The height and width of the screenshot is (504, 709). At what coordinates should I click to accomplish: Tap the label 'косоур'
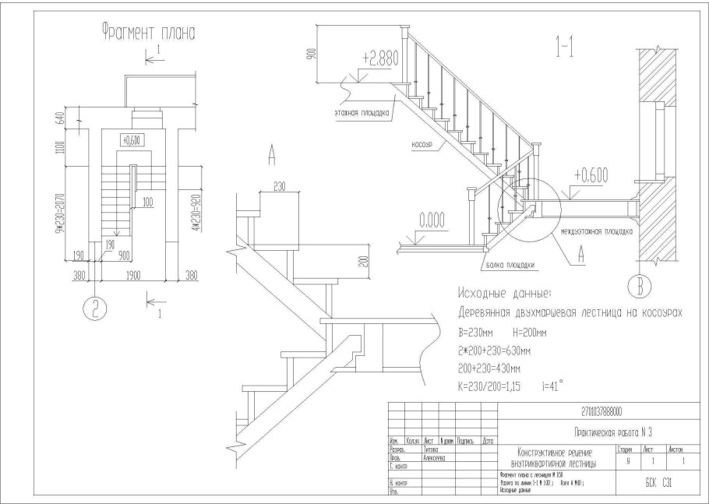tap(420, 145)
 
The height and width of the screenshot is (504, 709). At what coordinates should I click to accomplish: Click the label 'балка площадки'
tap(510, 265)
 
